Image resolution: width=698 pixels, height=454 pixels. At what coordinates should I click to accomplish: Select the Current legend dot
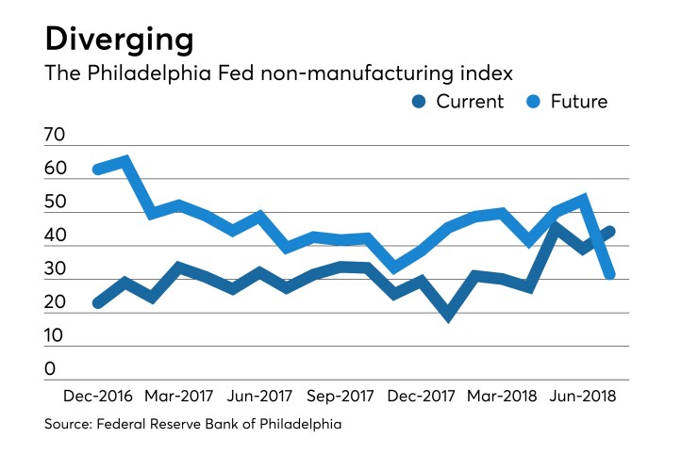[421, 101]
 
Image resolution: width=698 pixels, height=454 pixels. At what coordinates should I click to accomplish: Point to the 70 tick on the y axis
[55, 136]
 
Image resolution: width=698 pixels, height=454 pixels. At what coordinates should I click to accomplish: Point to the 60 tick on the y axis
[55, 170]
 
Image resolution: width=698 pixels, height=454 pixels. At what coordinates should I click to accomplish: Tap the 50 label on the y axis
[55, 203]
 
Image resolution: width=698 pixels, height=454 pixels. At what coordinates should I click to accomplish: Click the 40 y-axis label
[55, 236]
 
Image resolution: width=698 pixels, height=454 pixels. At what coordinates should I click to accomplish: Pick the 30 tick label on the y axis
[55, 269]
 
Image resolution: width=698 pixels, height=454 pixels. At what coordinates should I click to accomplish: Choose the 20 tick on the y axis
[55, 303]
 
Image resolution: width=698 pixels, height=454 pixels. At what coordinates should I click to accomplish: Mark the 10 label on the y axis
[55, 336]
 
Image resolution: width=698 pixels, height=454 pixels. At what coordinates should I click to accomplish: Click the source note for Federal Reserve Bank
[192, 425]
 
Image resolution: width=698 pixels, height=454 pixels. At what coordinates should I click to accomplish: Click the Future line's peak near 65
[125, 161]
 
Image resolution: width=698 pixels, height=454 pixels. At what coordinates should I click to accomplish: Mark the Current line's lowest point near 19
[448, 316]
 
